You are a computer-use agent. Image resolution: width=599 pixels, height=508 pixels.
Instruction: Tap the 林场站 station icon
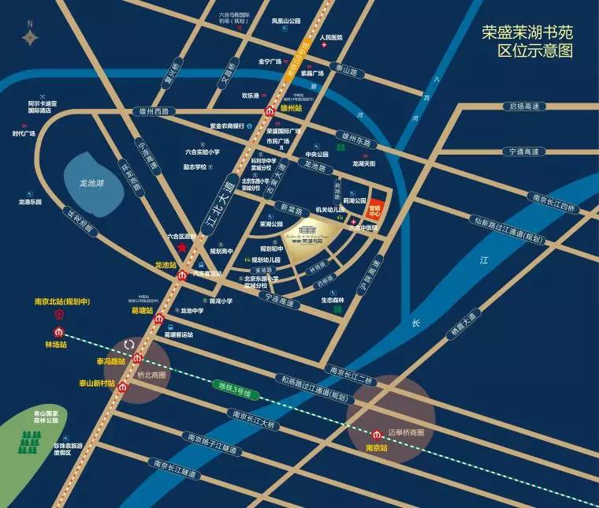(58, 331)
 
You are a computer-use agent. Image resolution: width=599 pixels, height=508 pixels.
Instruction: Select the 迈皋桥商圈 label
(407, 432)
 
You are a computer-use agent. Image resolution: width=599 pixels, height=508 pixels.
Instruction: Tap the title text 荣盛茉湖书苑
(527, 34)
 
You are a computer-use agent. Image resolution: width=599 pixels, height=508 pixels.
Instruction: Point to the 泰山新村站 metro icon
(122, 387)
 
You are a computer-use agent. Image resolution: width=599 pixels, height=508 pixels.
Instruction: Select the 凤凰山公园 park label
(286, 21)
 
